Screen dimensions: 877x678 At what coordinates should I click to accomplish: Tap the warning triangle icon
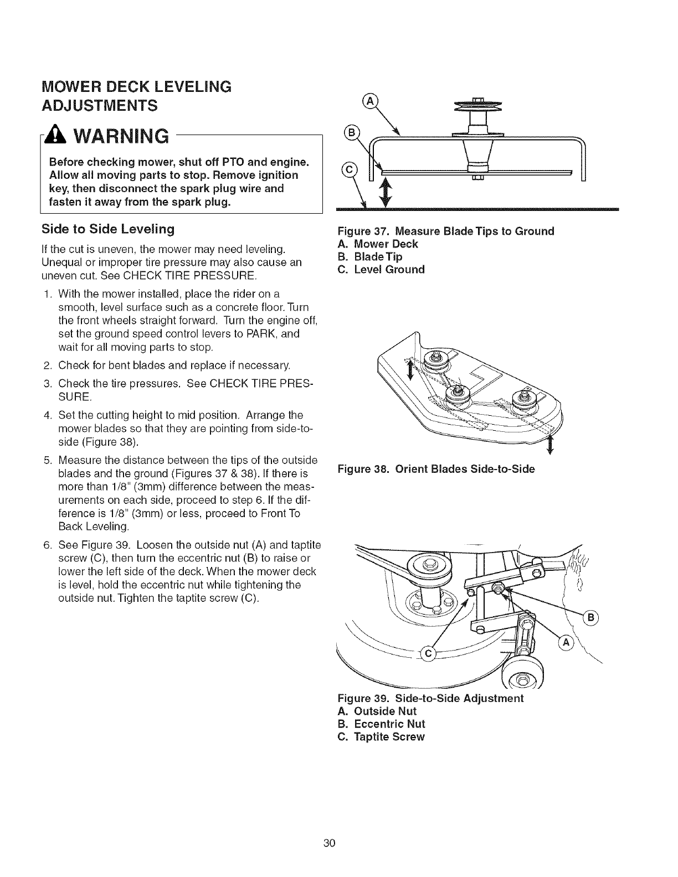click(x=59, y=135)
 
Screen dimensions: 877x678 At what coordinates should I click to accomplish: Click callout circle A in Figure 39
click(x=566, y=642)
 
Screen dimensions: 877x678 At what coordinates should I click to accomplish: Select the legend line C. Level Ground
click(x=381, y=270)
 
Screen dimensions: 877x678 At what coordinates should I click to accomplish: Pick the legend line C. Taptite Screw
click(x=381, y=737)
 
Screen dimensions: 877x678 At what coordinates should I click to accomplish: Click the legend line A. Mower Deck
click(x=378, y=244)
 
